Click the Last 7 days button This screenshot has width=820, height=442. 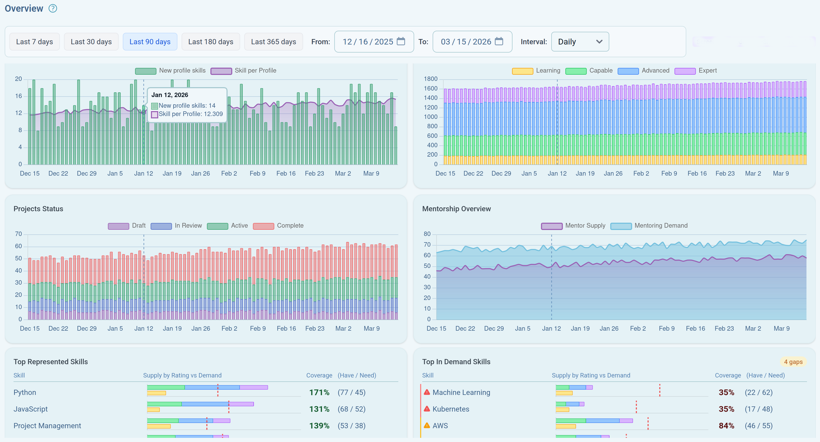pos(34,42)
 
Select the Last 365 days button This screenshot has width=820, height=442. pos(273,42)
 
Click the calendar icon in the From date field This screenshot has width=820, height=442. pos(401,41)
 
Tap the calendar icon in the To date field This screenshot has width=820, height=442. pos(499,41)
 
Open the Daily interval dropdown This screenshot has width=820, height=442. pos(580,42)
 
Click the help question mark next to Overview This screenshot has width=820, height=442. pos(53,8)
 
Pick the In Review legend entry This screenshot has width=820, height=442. pos(176,226)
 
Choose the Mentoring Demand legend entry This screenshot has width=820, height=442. pos(649,226)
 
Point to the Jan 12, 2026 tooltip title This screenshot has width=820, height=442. pos(170,95)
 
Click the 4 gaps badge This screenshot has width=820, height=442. pos(793,362)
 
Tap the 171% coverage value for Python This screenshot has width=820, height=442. pos(319,392)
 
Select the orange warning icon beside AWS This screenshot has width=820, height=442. pos(427,425)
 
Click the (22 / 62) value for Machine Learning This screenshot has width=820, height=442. pos(758,392)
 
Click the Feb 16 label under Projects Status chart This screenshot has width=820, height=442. pos(286,328)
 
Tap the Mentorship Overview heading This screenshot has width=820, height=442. pos(456,209)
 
